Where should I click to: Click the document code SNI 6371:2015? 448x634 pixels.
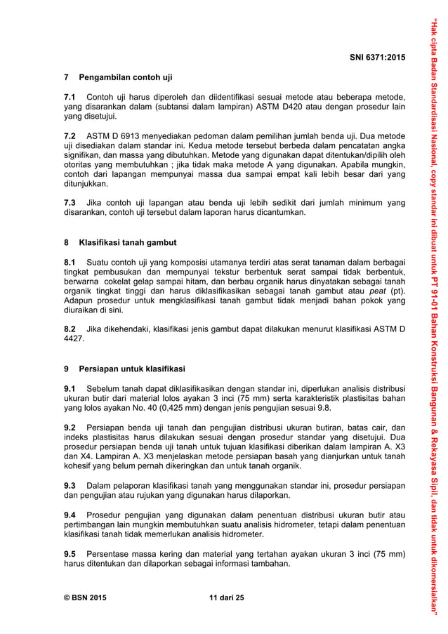pyautogui.click(x=376, y=55)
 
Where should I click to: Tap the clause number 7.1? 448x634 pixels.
pyautogui.click(x=70, y=97)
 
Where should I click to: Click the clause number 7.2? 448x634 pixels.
pyautogui.click(x=70, y=134)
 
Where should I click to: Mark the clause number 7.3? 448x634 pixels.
pyautogui.click(x=70, y=203)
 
